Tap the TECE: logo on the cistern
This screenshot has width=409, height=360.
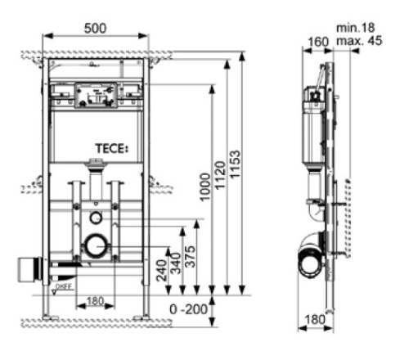point(112,148)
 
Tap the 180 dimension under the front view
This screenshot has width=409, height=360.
point(95,301)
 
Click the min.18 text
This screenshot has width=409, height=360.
point(353,27)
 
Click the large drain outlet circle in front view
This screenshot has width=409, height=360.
point(97,245)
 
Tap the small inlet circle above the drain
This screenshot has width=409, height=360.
point(96,218)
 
